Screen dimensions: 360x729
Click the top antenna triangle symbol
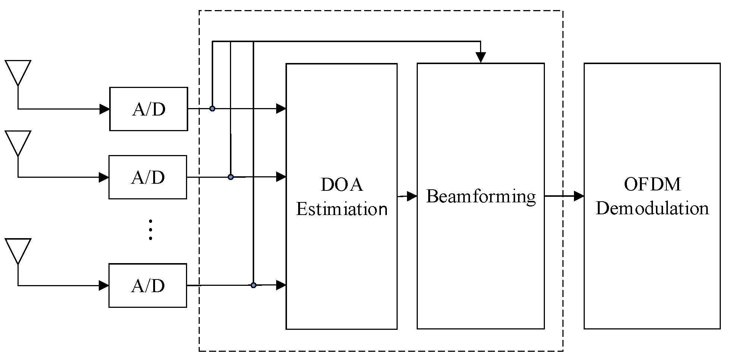18,72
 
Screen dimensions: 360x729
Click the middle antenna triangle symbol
18,142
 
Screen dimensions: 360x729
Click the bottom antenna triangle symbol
18,250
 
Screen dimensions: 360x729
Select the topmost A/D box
148,109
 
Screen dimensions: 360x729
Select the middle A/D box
148,177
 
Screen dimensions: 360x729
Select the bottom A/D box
148,285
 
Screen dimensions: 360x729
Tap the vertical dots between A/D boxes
151,230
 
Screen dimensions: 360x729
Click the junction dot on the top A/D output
212,109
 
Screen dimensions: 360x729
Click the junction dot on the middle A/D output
231,177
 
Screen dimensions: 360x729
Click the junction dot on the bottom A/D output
253,285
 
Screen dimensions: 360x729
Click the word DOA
341,184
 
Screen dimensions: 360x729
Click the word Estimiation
341,209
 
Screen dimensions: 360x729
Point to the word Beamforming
481,196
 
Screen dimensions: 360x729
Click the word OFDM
652,184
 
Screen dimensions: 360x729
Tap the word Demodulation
652,208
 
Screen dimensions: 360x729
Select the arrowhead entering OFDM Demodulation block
579,196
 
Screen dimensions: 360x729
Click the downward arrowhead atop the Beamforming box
481,57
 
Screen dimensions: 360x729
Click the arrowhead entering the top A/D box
104,109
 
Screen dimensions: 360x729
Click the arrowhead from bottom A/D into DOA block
281,285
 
